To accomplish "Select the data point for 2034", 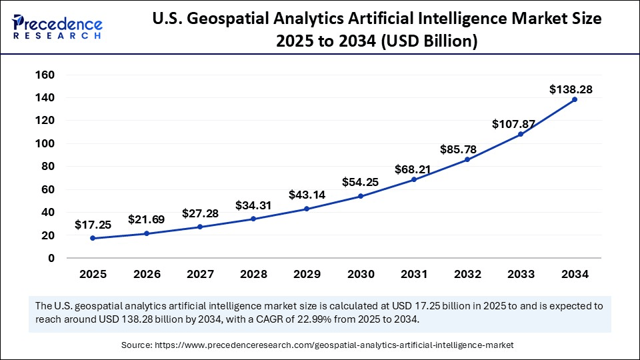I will tap(575, 99).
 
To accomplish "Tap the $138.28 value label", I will tap(571, 89).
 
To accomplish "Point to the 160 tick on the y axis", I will tap(45, 75).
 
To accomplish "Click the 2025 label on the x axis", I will tap(92, 274).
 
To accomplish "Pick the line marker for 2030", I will tap(361, 196).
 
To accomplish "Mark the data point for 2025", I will tap(92, 238).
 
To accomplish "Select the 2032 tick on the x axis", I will tap(467, 274).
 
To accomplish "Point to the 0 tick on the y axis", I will tap(51, 258).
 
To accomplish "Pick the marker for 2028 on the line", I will tap(253, 219).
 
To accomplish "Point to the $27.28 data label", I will tap(200, 214).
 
